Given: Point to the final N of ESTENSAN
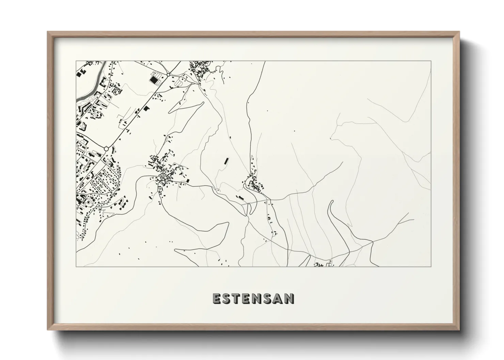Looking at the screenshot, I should coord(289,298).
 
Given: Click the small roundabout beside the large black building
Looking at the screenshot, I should coord(168,75).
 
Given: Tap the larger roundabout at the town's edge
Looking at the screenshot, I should coord(106,149).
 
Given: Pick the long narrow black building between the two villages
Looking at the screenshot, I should coord(225,161).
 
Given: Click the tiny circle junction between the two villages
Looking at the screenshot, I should coord(217,189).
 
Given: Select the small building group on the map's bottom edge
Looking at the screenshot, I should coord(322,264).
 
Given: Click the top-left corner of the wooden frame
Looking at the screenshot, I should coord(48,32).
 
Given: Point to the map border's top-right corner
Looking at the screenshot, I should coord(431,61).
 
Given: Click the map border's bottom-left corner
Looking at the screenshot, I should coord(76,266).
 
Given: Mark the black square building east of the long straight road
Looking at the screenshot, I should coord(147,109).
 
